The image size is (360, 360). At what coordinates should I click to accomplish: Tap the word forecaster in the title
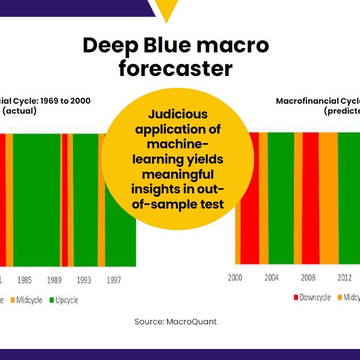pos(176,69)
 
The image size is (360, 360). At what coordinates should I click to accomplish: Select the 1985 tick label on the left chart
pos(24,280)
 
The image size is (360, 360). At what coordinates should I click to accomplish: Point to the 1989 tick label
pos(54,280)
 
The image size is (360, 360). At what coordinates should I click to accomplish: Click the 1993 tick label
pos(84,280)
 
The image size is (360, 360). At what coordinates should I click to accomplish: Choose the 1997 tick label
pos(114,280)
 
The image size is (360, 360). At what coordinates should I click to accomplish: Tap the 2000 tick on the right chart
pos(235,278)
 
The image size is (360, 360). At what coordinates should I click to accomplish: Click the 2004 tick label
pos(271,278)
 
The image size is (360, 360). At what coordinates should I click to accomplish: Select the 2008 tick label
pos(308,278)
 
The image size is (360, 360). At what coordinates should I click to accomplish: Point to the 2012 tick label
pos(344,278)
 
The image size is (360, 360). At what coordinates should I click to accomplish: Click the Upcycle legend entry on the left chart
pos(67,300)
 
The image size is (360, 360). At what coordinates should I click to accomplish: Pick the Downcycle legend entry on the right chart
pos(315,298)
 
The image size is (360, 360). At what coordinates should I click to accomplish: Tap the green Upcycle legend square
pos(52,300)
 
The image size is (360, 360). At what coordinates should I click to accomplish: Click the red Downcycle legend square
pos(296,298)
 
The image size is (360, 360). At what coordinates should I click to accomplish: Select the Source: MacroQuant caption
pos(176,322)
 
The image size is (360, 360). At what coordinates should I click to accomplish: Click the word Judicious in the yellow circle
pos(178,114)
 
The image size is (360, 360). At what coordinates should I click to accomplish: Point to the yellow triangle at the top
pos(167,10)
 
